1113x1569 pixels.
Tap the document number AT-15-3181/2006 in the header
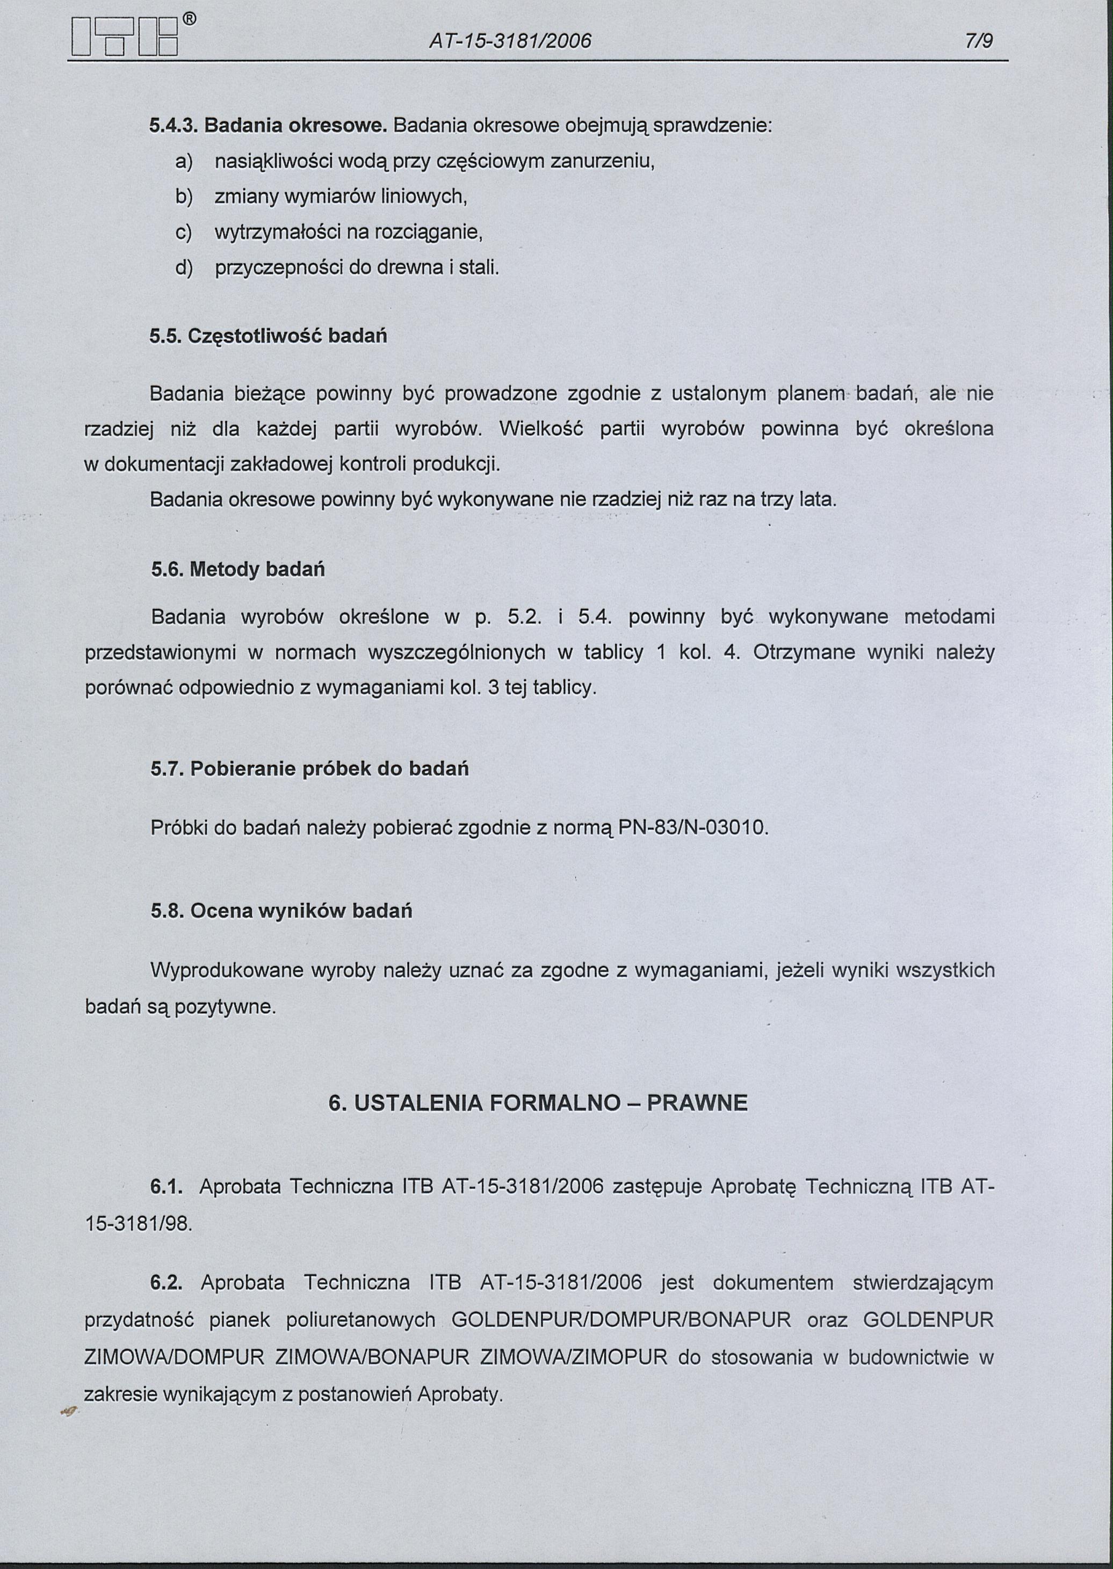pyautogui.click(x=510, y=42)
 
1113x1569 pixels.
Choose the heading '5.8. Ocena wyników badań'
pyautogui.click(x=281, y=911)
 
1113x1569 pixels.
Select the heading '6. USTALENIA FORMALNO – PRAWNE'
pyautogui.click(x=538, y=1103)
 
